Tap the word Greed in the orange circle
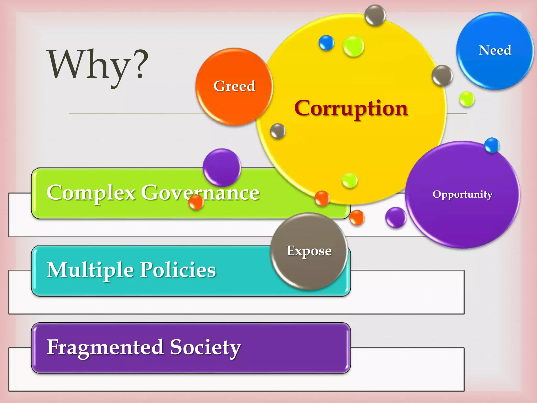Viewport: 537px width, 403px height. [234, 86]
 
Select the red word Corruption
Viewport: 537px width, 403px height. [351, 108]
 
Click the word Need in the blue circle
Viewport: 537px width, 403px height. [495, 50]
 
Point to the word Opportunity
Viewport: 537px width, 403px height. [462, 194]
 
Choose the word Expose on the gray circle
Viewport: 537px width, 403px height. [309, 251]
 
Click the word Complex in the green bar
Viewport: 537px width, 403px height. [91, 193]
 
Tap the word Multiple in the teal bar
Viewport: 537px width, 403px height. [90, 270]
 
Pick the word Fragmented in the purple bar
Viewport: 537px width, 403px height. [105, 347]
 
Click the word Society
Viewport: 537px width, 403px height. [205, 347]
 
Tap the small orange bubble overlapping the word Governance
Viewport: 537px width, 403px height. [196, 202]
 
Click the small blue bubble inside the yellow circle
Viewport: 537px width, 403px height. [326, 43]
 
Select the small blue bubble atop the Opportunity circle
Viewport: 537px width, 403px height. [492, 145]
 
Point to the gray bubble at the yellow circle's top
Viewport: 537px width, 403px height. [375, 15]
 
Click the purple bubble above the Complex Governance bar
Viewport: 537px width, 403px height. [222, 167]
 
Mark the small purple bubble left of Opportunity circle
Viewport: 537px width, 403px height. [396, 217]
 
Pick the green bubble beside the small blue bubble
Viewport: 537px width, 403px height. [353, 46]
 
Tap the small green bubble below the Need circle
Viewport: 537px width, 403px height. [467, 99]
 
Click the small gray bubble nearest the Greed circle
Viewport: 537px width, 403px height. [278, 131]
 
